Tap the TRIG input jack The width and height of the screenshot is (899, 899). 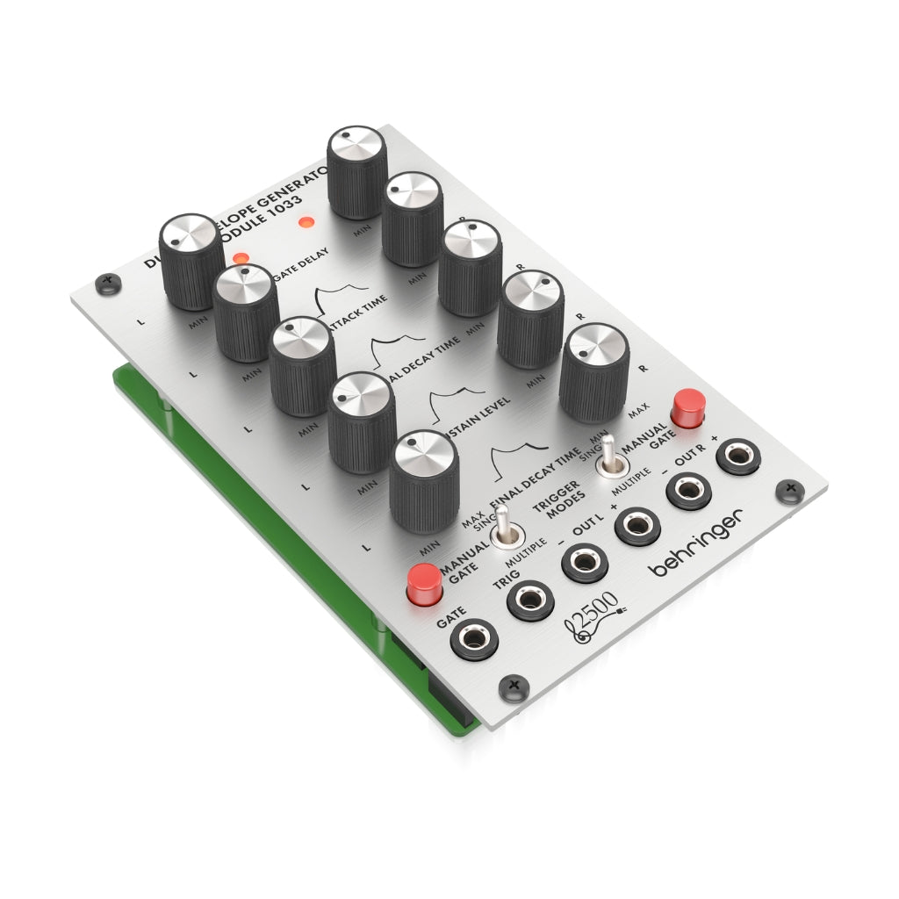(x=530, y=600)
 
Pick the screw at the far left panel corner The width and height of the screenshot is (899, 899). (x=109, y=282)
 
